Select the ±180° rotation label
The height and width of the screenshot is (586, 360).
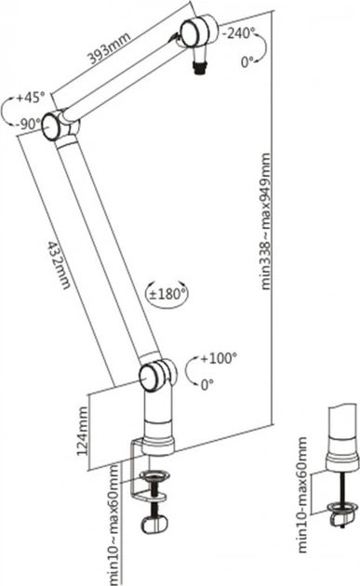[x=168, y=294]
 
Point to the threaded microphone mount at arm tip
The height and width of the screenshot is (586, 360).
[x=198, y=66]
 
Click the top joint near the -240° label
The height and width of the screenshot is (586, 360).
[x=196, y=34]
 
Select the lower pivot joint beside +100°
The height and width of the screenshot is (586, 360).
[x=156, y=375]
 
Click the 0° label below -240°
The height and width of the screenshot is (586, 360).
[x=248, y=62]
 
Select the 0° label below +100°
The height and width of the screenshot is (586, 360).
[x=206, y=381]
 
